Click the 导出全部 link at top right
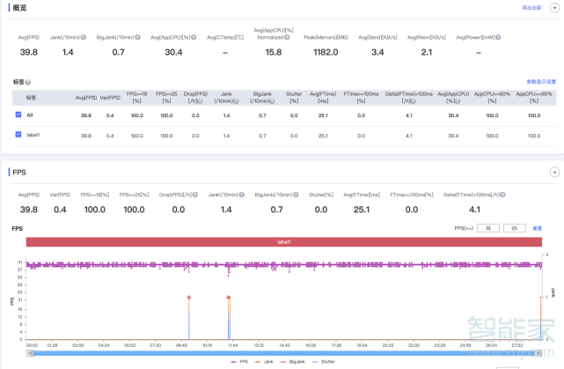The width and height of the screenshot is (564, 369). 531,7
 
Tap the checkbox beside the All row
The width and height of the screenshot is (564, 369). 18,115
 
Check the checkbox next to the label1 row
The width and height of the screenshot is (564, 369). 18,135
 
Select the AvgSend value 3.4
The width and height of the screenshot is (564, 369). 377,52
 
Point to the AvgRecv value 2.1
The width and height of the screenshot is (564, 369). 426,52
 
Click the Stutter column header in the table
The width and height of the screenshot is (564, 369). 294,95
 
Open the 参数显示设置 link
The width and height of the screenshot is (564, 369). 541,81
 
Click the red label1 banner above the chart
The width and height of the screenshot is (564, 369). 283,242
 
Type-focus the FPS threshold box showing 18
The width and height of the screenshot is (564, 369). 487,228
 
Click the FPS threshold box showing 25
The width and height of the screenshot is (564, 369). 514,228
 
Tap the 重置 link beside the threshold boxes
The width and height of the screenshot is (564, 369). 537,228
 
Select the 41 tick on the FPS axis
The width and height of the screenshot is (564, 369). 19,262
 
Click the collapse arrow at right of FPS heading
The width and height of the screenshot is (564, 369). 554,172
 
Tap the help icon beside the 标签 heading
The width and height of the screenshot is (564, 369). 28,82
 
